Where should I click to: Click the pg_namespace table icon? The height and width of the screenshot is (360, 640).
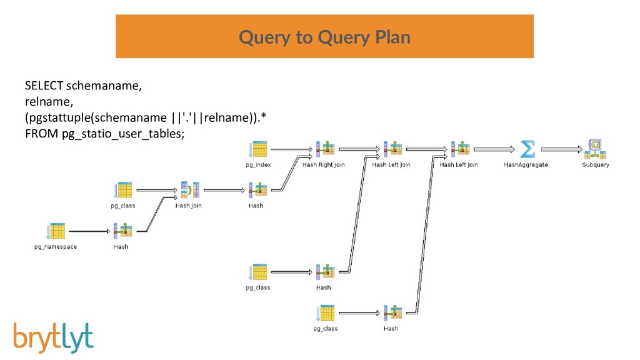coord(56,231)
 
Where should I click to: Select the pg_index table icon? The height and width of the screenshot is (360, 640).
coord(258,149)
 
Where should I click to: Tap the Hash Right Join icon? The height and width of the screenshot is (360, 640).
coord(325,149)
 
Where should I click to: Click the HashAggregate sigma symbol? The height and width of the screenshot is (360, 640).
coord(527,149)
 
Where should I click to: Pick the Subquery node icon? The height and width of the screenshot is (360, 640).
coord(595,149)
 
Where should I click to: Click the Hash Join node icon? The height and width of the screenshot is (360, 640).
coord(190,190)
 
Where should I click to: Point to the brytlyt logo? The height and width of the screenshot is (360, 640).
coord(54,337)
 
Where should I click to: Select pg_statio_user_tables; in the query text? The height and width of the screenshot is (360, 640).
coord(123,134)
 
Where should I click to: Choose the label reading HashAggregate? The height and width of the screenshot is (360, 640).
coord(526,165)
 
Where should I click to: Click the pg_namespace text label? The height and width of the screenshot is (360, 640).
coord(56,247)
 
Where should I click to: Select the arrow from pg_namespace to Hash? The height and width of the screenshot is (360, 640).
coord(90,231)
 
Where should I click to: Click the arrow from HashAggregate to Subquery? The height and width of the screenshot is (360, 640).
coord(562,149)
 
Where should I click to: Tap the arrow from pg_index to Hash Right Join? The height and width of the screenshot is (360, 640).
coord(292,149)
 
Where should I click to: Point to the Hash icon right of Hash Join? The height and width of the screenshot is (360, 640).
coord(258,190)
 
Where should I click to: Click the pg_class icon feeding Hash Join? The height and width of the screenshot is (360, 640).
coord(123,190)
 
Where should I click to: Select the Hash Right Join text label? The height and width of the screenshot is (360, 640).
coord(323,165)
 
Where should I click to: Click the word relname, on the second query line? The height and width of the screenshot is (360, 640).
coord(49,102)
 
